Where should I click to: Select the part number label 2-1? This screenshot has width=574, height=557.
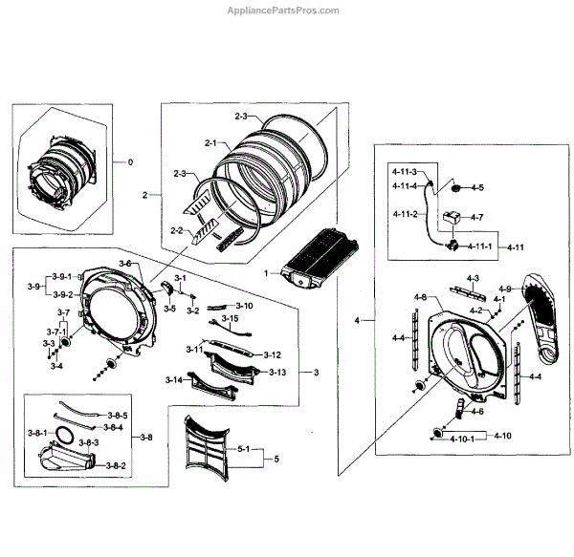pyautogui.click(x=210, y=143)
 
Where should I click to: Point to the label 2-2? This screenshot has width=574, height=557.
pyautogui.click(x=176, y=230)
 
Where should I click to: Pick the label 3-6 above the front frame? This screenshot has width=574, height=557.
pyautogui.click(x=124, y=264)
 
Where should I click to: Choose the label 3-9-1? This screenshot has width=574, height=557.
pyautogui.click(x=62, y=276)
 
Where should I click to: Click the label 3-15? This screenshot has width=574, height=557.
pyautogui.click(x=230, y=319)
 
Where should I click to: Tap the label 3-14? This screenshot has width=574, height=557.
pyautogui.click(x=173, y=380)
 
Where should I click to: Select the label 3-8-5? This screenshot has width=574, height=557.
pyautogui.click(x=118, y=416)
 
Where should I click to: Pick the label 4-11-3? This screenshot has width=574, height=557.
pyautogui.click(x=406, y=170)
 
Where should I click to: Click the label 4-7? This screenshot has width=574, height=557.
pyautogui.click(x=475, y=218)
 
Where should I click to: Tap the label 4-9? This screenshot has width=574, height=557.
pyautogui.click(x=504, y=289)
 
